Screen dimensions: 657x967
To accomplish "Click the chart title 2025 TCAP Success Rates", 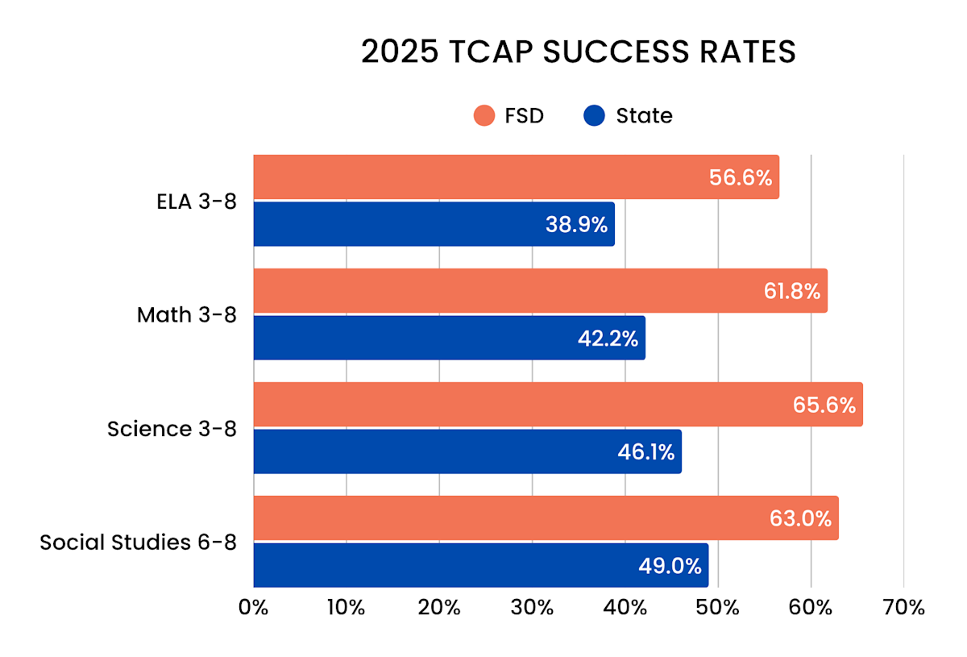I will click(578, 52).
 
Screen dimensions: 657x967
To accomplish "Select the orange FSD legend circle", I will click(483, 115).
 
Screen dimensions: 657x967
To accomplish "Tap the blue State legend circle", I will click(593, 115).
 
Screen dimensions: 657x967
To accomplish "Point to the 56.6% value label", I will click(741, 178).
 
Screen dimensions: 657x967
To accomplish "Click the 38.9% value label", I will click(576, 225).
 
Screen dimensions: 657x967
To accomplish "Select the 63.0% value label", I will click(800, 518).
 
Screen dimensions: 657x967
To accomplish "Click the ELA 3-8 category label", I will click(197, 202).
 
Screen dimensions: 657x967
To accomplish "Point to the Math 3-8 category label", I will click(187, 314).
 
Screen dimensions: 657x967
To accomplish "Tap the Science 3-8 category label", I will click(172, 428).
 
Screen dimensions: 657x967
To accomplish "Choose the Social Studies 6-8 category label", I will click(138, 542).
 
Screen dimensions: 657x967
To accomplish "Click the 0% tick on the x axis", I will click(254, 607).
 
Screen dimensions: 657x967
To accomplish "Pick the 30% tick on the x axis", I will click(533, 607).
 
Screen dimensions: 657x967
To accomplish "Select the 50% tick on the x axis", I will click(718, 607).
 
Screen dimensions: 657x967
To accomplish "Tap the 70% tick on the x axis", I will click(903, 607).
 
